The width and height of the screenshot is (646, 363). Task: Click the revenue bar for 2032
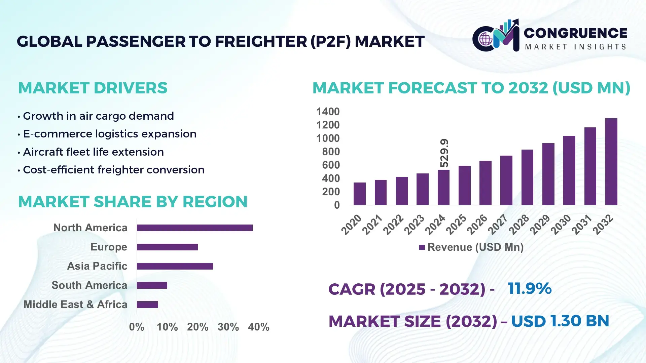click(x=611, y=162)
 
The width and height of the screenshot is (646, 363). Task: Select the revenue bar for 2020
click(x=360, y=194)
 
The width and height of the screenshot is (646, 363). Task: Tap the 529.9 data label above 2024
click(x=444, y=153)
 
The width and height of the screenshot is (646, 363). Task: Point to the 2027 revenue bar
click(x=506, y=180)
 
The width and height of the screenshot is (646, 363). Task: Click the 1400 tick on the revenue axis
click(x=328, y=112)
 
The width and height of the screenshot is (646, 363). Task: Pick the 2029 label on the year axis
click(x=540, y=225)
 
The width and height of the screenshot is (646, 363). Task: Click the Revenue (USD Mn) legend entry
click(x=471, y=247)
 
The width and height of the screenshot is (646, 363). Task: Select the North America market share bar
click(x=194, y=228)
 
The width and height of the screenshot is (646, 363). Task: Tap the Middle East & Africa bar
click(x=147, y=305)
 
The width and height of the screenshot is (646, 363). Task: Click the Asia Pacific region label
click(x=97, y=266)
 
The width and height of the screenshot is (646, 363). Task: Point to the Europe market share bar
click(x=167, y=247)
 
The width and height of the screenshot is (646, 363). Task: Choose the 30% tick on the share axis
click(x=228, y=327)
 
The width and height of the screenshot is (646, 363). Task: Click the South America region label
click(x=89, y=285)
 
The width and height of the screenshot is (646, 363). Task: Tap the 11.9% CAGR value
click(x=529, y=288)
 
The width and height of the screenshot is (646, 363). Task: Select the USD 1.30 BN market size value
click(x=560, y=321)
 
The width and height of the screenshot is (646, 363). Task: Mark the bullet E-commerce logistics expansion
click(x=109, y=134)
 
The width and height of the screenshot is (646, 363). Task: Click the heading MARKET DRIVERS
click(x=93, y=88)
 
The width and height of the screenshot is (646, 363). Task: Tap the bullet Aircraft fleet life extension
click(x=93, y=152)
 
